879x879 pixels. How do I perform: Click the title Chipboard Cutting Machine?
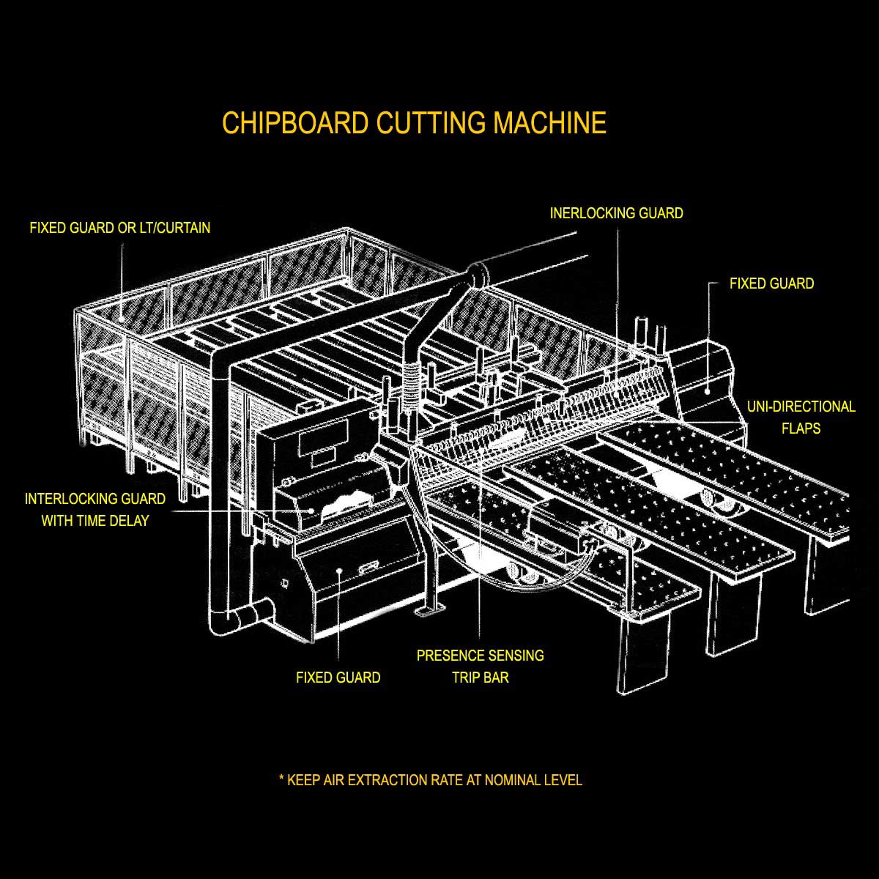tap(414, 123)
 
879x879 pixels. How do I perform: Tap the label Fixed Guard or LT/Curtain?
tap(119, 228)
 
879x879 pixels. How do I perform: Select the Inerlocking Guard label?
tap(616, 213)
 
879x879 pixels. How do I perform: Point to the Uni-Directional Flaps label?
tap(801, 417)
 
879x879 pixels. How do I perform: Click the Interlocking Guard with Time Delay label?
tap(95, 510)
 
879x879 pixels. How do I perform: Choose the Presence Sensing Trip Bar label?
tap(480, 666)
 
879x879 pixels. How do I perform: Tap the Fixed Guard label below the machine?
tap(338, 678)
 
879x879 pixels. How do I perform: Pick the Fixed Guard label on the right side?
tap(771, 283)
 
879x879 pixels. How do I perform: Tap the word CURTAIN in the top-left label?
tap(183, 228)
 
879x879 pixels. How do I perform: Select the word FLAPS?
tap(801, 428)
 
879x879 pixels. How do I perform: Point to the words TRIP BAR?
tap(480, 677)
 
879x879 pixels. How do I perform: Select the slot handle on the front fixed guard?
tap(368, 568)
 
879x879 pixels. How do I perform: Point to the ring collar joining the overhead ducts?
tap(478, 273)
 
